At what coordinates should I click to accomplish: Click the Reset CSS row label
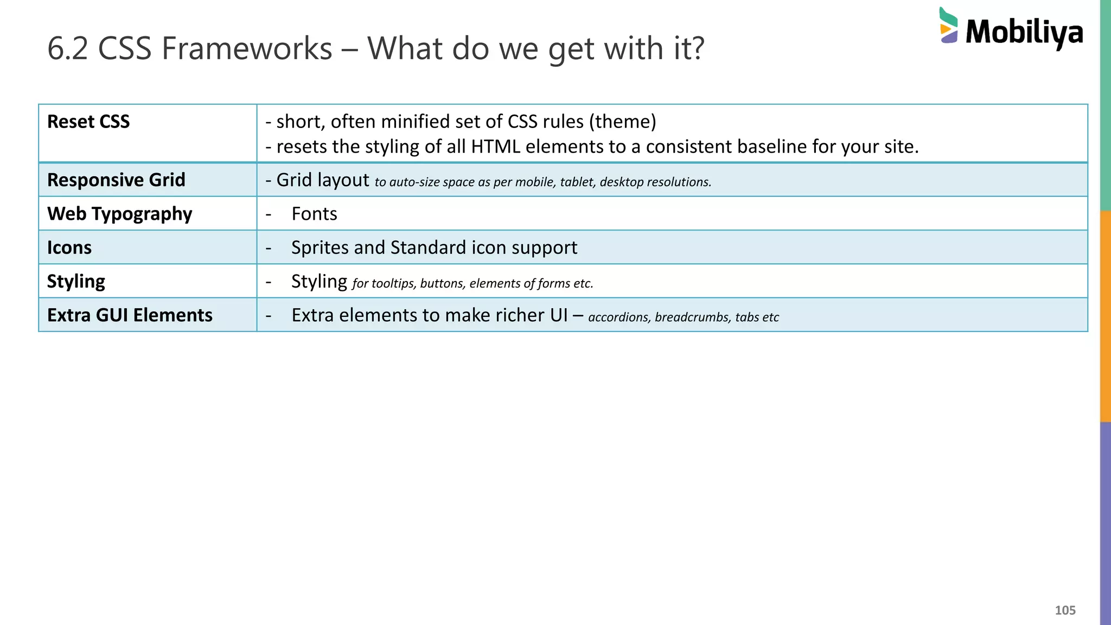coord(88,122)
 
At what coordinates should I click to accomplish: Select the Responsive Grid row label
coord(116,180)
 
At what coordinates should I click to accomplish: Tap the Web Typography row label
coord(119,214)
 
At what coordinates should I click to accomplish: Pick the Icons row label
coord(69,247)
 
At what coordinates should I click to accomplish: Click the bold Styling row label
coord(76,281)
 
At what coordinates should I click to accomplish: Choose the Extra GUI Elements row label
coord(130,315)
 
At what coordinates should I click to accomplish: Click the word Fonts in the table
coord(314,214)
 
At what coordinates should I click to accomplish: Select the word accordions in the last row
coord(618,317)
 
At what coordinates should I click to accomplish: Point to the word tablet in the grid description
coord(577,182)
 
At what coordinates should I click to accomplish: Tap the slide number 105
coord(1065,610)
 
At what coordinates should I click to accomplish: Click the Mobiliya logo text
coord(1024,32)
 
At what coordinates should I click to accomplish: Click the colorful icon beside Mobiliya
coord(948,26)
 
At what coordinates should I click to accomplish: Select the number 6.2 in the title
coord(68,48)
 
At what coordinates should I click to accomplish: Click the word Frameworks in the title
coord(246,48)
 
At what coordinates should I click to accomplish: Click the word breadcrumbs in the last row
coord(693,317)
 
